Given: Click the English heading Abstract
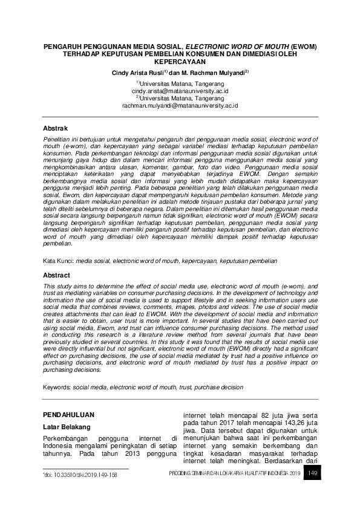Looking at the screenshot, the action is click(56, 275).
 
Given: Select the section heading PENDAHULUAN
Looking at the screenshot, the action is click(68, 415).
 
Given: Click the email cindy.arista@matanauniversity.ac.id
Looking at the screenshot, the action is click(180, 91).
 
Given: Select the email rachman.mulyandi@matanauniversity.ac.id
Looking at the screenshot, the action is click(181, 105).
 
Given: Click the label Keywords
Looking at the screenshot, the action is click(57, 384).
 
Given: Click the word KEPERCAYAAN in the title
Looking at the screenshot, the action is click(180, 61).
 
